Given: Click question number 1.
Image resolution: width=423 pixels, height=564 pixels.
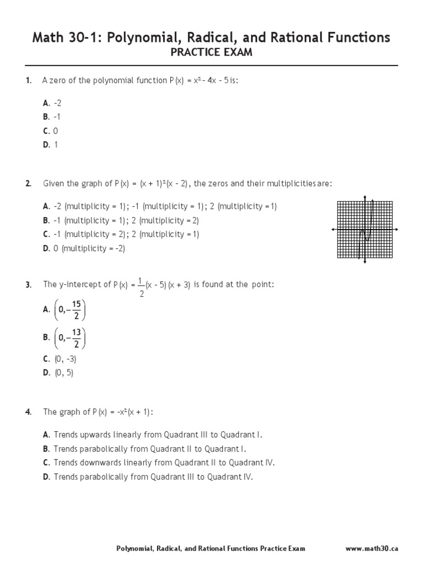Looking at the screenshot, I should (28, 81).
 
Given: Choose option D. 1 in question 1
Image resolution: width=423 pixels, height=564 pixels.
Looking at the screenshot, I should (51, 144).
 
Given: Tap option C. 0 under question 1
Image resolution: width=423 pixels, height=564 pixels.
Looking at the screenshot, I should (51, 131).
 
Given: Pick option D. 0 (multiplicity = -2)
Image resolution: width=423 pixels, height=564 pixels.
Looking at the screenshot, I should (84, 248).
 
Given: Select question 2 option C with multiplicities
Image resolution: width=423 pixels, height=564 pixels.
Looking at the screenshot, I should (121, 234).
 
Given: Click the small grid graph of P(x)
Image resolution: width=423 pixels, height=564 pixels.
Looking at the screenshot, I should (365, 229).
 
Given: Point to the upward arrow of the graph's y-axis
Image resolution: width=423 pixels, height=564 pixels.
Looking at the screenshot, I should (365, 197).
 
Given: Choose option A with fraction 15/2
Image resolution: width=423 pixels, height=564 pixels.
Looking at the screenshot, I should (65, 310).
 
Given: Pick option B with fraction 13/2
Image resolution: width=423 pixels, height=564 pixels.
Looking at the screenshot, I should (65, 338).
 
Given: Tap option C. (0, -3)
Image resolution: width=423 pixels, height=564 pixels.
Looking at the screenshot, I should (59, 359).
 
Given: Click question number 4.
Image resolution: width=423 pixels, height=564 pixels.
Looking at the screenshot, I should (28, 412).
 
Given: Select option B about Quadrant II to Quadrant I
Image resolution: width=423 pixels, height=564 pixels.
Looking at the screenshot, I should (145, 449).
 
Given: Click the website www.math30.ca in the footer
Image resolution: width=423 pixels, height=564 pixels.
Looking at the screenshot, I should (372, 549).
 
